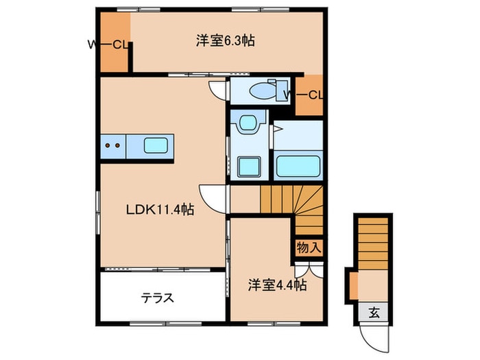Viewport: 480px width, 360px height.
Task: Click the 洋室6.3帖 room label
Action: [225, 40]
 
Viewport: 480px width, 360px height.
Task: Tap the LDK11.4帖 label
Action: [160, 211]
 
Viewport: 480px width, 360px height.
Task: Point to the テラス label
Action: [158, 298]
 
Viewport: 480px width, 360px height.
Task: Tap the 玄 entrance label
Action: [374, 313]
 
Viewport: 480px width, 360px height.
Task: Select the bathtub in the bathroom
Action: [298, 165]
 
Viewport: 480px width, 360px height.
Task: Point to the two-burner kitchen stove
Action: [114, 145]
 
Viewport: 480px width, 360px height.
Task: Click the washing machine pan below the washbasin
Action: [248, 167]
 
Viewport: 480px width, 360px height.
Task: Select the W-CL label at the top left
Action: [109, 46]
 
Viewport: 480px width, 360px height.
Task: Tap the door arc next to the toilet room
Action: [218, 89]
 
